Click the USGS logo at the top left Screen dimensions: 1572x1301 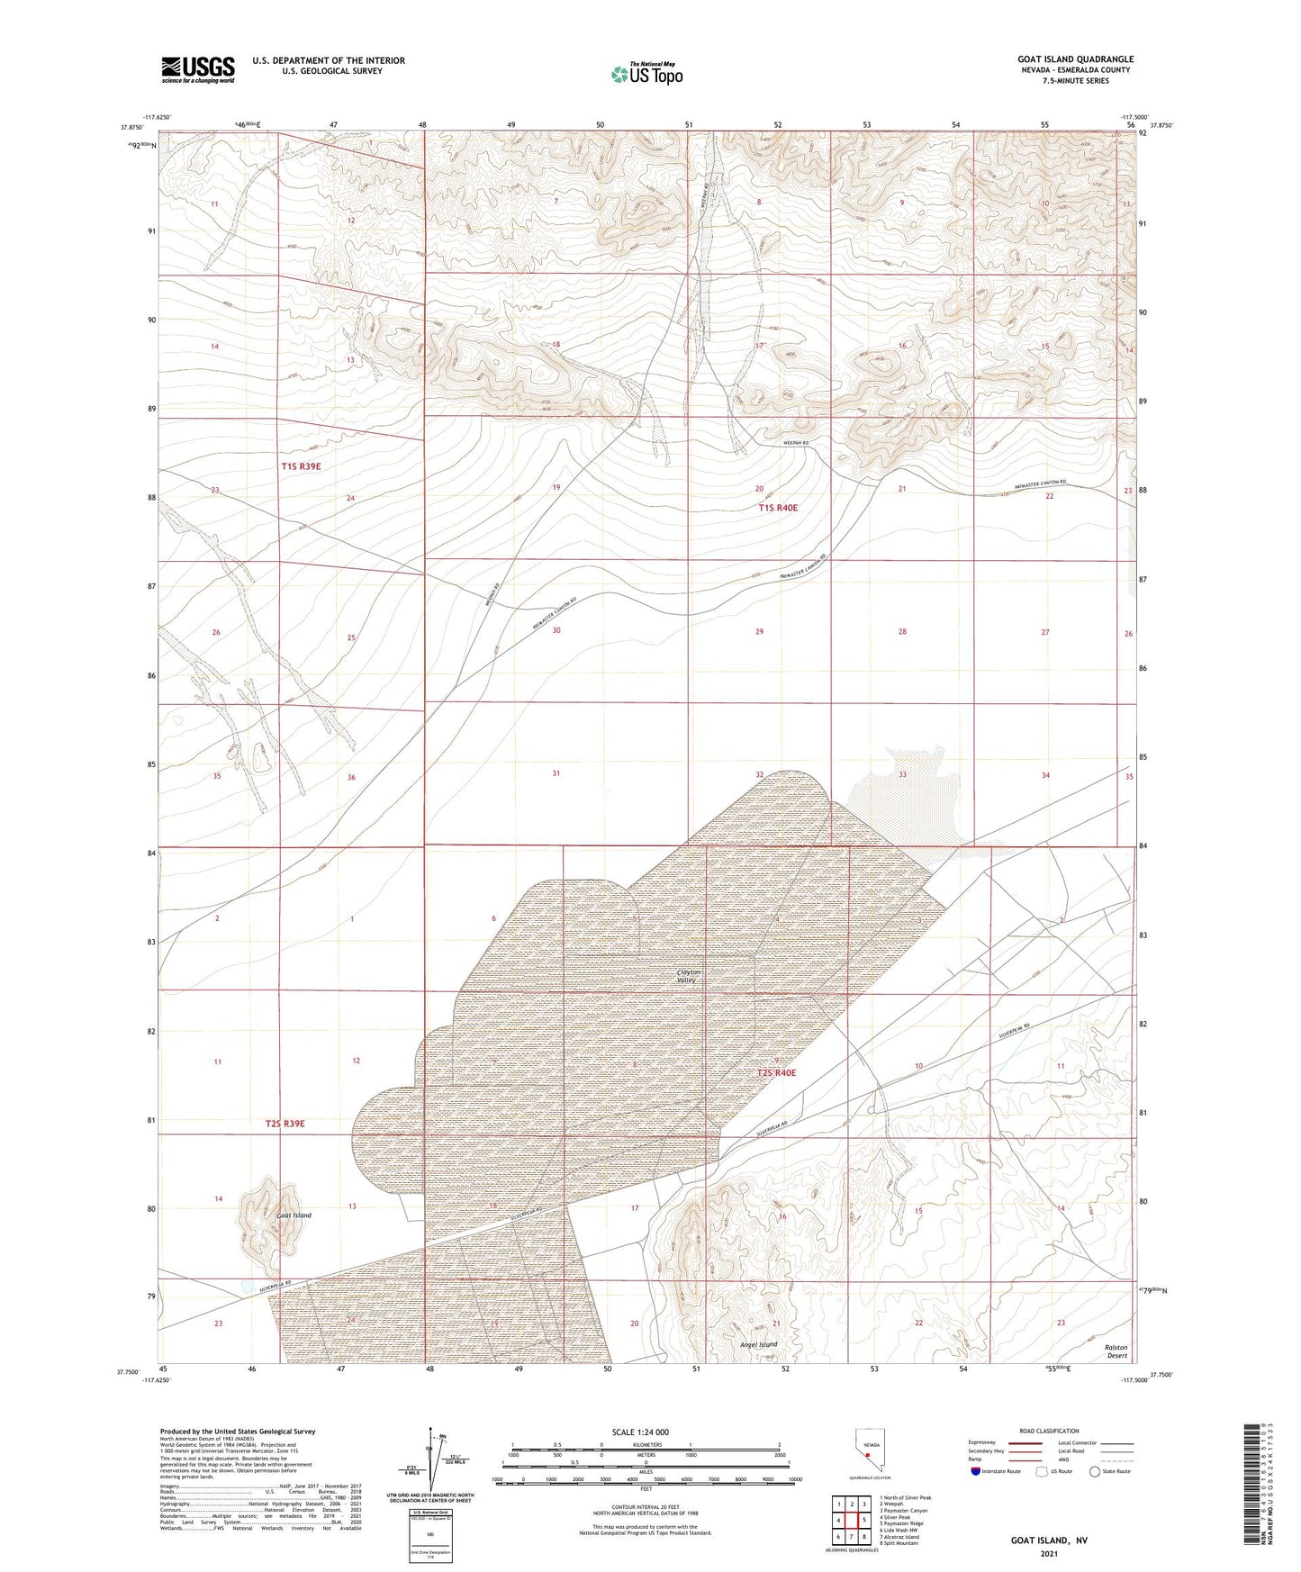pyautogui.click(x=198, y=68)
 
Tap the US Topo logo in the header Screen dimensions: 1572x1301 pyautogui.click(x=646, y=75)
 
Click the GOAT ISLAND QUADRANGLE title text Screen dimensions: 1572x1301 pyautogui.click(x=1076, y=59)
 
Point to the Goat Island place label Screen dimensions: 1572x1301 pyautogui.click(x=294, y=1215)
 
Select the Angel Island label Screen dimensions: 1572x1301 pyautogui.click(x=757, y=1344)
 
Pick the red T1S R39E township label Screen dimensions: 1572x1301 pyautogui.click(x=301, y=466)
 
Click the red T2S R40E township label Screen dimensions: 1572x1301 pyautogui.click(x=776, y=1073)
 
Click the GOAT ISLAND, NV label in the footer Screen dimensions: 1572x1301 pyautogui.click(x=1050, y=1540)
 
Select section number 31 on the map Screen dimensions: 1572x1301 pyautogui.click(x=556, y=773)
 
